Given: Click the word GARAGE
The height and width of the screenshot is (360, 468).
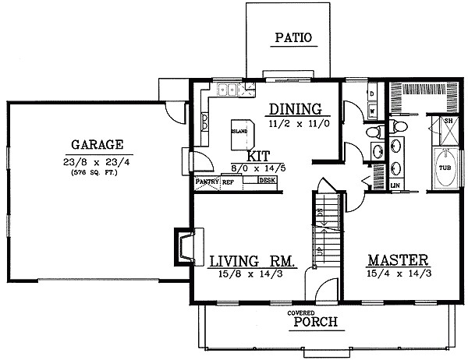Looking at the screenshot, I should [x=97, y=144].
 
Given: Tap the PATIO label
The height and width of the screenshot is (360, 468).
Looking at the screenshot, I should [x=293, y=37].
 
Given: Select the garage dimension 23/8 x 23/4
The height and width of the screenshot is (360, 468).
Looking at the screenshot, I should [x=97, y=162].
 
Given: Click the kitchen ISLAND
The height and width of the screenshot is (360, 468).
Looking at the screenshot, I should [x=240, y=132].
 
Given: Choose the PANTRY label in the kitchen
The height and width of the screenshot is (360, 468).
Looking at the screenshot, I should [x=207, y=182].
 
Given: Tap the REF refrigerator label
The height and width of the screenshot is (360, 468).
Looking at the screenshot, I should [x=229, y=182].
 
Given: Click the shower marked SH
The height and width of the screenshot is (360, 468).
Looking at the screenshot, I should [x=448, y=122].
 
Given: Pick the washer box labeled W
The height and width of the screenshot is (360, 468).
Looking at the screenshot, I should [x=371, y=111].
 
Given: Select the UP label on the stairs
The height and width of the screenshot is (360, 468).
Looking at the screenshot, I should [x=320, y=251].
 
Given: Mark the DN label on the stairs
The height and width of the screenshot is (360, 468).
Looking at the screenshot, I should [x=320, y=211].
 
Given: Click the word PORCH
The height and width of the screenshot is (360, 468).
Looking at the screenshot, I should [x=310, y=322].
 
